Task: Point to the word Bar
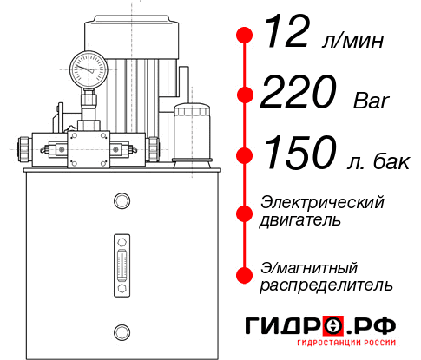coord(372,100)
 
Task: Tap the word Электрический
coord(322,202)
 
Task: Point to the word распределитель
coord(326,285)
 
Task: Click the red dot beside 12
coord(245,36)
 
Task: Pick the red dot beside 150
coord(245,155)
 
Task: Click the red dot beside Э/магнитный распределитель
coord(245,274)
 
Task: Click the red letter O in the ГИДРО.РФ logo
coord(333,326)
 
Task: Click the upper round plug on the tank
coord(121,202)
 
